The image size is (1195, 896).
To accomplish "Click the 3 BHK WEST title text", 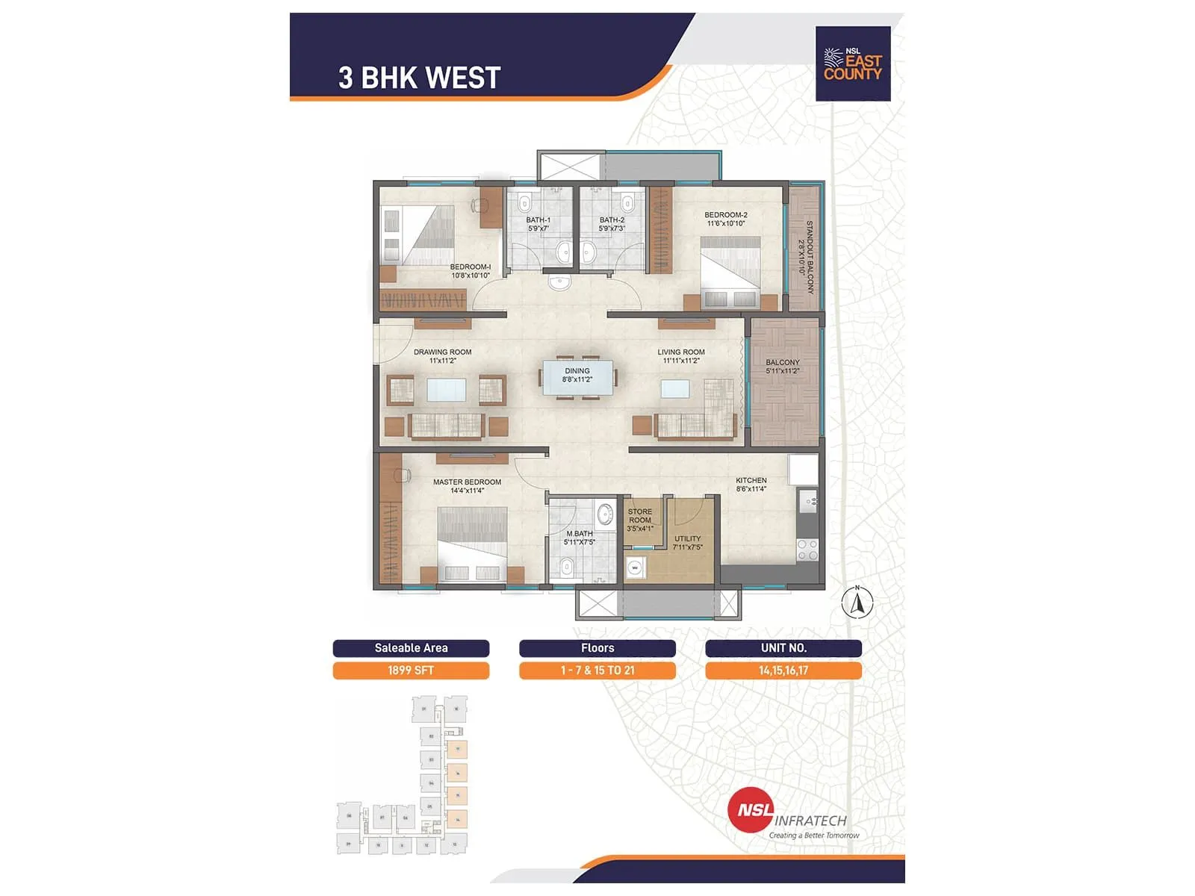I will point(419,78).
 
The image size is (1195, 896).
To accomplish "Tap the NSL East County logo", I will point(852,64).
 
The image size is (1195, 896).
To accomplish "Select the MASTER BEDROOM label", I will point(467,486).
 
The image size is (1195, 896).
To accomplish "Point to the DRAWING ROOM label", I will point(442,356).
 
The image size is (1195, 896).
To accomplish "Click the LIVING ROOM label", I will point(680,356).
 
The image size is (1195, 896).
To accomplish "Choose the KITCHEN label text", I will point(751,485).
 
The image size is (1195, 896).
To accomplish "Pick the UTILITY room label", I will point(687,542).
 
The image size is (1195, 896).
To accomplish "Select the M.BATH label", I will point(579,538).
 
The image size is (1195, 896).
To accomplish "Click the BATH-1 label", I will point(538,224).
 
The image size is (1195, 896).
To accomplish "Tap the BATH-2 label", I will point(612,224).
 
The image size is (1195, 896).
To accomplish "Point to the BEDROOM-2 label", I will point(725,219).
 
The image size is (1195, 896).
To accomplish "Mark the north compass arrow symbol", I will point(857,603).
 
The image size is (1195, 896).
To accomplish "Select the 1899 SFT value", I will point(411,671).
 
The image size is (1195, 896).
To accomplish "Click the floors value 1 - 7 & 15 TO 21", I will point(597,671).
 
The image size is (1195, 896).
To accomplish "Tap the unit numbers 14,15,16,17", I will point(783,671).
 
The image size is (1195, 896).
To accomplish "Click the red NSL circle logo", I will point(751,811).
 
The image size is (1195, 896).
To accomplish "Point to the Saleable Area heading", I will point(411,648).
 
